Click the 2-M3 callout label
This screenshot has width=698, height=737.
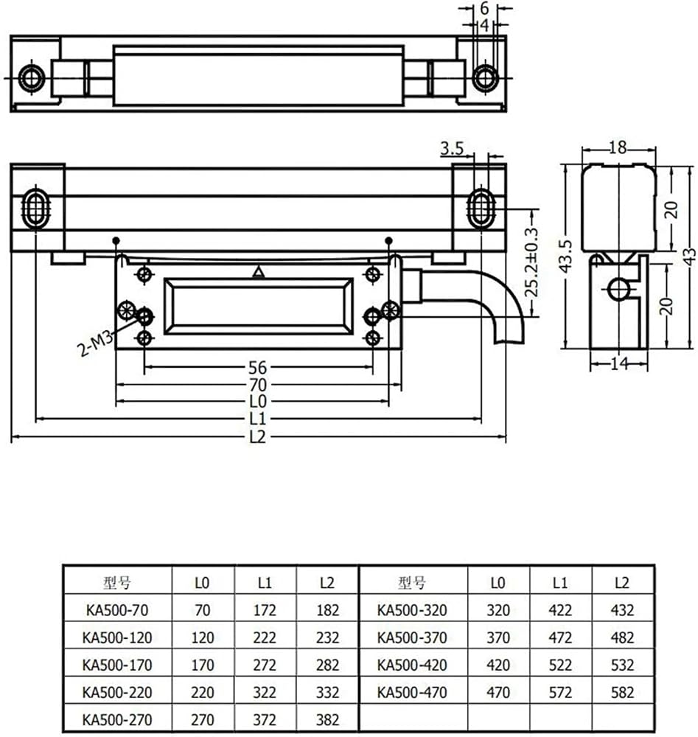[95, 343]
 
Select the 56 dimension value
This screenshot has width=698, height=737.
[257, 368]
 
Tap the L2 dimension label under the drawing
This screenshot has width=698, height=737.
[257, 437]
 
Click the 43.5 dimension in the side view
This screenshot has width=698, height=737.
[566, 256]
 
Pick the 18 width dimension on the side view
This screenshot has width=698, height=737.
[618, 148]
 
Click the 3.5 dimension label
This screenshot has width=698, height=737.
[452, 149]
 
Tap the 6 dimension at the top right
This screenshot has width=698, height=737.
[484, 8]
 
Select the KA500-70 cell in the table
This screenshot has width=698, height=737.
[117, 610]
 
